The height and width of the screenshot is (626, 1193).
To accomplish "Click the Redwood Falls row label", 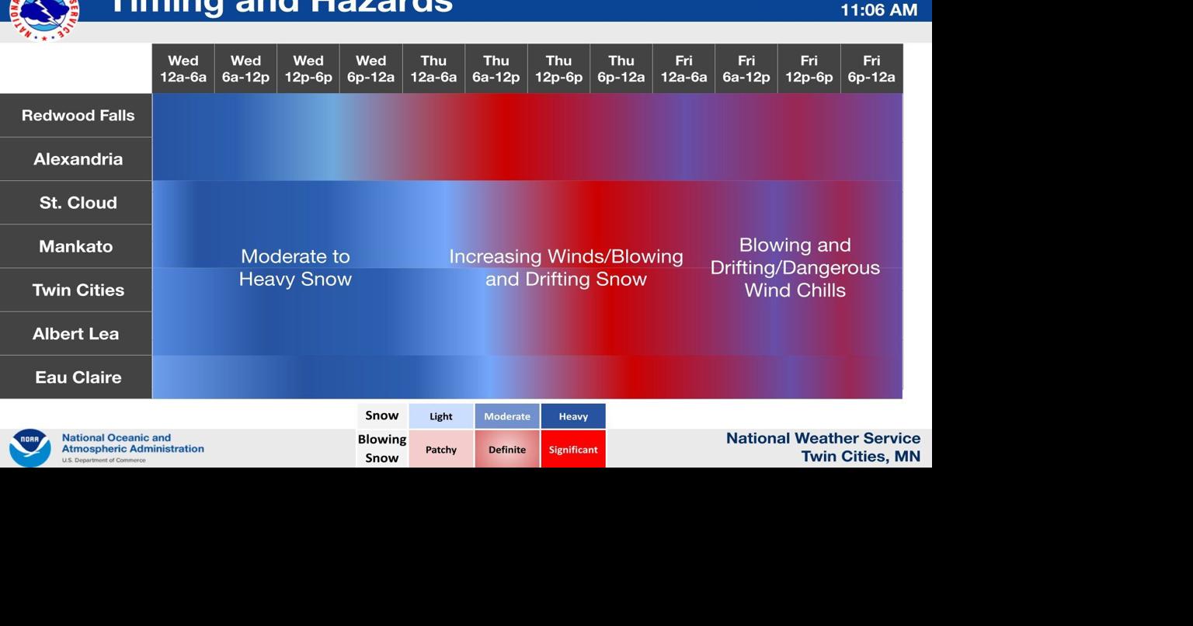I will (77, 116).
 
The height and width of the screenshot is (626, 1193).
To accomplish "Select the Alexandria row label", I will (77, 159).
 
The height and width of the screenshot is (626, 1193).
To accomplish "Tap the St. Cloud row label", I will (77, 203).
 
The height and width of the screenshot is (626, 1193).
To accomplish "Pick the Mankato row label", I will (75, 246).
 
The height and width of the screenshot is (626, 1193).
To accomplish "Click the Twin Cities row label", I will (77, 290).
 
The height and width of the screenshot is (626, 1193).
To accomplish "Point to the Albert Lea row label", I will (75, 334).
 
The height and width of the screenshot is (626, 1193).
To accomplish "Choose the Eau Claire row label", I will (77, 377).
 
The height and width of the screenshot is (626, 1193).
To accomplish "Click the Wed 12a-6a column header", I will (183, 69).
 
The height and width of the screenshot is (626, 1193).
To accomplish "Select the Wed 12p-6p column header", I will (308, 69).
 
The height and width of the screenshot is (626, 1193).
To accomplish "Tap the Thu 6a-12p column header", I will (496, 69).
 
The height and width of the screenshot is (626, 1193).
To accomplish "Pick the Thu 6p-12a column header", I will (621, 69).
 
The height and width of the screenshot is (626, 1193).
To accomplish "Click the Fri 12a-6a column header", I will (683, 69).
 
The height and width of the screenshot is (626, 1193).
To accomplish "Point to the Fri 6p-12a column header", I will (871, 69).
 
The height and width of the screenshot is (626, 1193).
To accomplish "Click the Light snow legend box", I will (441, 416).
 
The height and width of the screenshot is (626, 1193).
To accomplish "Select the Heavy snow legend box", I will (573, 416).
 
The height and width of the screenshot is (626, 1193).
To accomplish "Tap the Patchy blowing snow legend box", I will (441, 449).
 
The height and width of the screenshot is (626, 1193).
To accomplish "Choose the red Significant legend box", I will (573, 449).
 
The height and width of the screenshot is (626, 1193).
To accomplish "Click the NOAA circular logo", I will (30, 447).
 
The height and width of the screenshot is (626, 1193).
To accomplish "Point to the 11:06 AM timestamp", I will (878, 10).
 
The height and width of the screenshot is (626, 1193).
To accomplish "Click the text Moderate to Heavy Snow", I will (295, 268).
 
